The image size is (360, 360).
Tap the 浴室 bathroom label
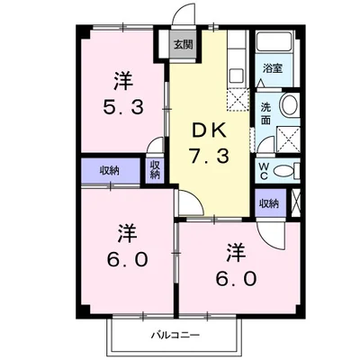coord(270,67)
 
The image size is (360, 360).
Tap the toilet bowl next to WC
coord(285,170)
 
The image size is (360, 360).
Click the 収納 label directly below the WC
coord(269,203)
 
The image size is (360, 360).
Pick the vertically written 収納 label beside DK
coord(155,169)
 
